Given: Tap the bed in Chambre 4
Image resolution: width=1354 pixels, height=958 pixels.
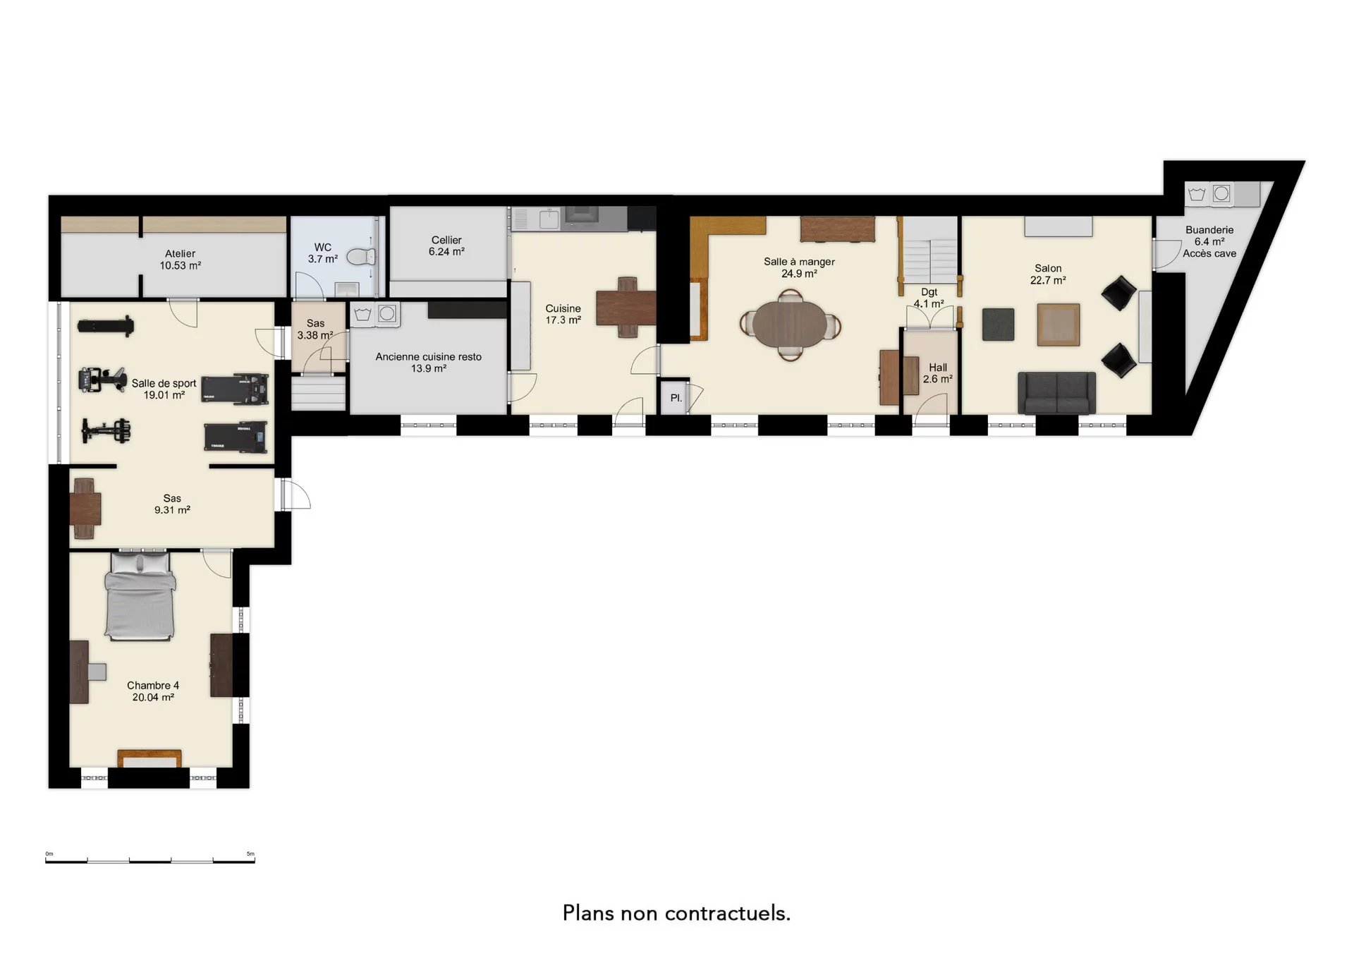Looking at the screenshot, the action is (x=140, y=597).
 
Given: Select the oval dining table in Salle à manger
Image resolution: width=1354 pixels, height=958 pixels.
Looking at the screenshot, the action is (x=790, y=325).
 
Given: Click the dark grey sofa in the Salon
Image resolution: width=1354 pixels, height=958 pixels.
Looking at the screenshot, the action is (x=1056, y=393).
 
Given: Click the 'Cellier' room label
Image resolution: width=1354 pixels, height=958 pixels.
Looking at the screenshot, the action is (x=446, y=241).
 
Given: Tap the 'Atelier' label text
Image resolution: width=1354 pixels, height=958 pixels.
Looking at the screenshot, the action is (x=181, y=254).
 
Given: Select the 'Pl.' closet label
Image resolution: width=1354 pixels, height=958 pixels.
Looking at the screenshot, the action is (x=676, y=398).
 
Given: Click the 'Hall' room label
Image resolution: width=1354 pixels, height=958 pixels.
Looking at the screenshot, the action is (x=938, y=368).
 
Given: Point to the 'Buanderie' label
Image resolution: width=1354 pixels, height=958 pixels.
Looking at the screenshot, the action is (x=1209, y=230).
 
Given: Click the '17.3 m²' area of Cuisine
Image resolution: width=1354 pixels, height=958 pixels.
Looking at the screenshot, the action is (x=563, y=320).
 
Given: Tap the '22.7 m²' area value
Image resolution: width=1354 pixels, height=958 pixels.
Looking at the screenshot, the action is (x=1048, y=280).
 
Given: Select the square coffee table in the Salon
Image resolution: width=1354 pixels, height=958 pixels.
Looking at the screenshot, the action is (x=1059, y=325).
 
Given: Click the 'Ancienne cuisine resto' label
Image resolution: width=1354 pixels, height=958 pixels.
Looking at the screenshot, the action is (x=429, y=357).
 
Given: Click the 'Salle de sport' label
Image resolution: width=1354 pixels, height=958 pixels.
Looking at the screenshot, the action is (x=164, y=384).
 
